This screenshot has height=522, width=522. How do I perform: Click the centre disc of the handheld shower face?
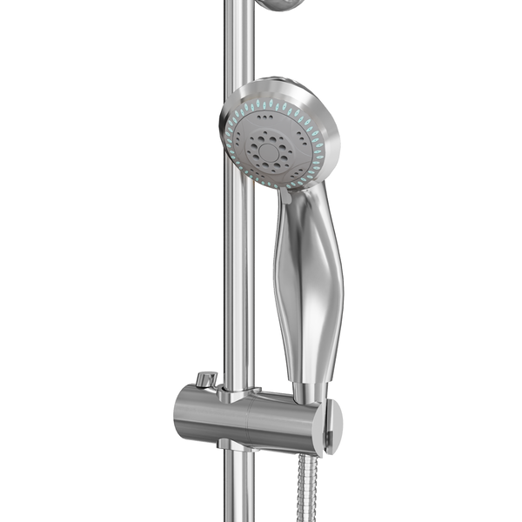tap(270, 151)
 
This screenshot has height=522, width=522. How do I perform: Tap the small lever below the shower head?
tap(284, 197)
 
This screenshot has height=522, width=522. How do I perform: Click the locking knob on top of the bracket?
tap(206, 379)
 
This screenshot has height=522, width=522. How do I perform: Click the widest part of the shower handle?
tap(309, 278)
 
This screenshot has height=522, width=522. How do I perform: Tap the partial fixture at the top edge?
tap(280, 4)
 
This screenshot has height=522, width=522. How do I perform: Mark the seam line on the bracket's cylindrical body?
tap(250, 419)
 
